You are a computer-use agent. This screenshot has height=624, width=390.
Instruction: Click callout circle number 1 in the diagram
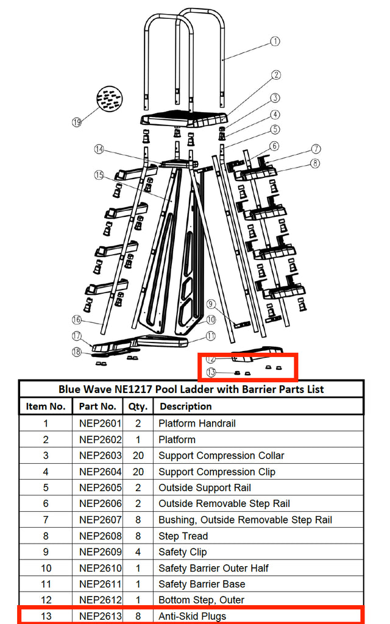[275, 41]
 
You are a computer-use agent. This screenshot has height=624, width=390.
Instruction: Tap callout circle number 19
[77, 122]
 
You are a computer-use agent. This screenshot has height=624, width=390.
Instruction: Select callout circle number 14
[99, 149]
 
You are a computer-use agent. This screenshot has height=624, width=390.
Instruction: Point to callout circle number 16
[77, 319]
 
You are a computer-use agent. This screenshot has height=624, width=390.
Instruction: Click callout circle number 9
[211, 303]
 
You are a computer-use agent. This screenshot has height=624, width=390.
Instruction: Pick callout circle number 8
[314, 163]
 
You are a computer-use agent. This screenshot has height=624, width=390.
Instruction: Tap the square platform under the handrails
[184, 118]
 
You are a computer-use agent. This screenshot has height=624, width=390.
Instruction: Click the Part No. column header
[97, 406]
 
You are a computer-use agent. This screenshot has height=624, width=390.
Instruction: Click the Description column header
[185, 406]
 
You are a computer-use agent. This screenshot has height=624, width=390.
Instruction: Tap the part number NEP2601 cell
[100, 424]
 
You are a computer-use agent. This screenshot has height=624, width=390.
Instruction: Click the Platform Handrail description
[197, 424]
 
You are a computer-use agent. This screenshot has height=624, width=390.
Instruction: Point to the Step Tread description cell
[183, 536]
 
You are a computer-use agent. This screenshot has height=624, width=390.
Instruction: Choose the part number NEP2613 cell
[100, 616]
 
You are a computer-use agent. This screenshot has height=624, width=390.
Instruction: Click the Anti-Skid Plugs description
[192, 616]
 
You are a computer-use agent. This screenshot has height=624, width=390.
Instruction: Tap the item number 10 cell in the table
[46, 568]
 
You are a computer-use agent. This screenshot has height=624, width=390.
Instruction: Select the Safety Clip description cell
[182, 552]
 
